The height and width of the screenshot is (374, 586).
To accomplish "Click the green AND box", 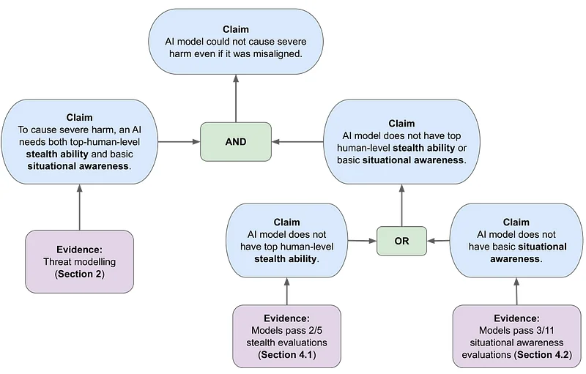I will point(235,142).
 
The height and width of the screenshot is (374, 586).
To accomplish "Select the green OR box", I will point(401,240).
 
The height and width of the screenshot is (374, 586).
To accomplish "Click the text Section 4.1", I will point(287,355).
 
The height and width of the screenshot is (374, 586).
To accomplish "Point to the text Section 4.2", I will point(546,354).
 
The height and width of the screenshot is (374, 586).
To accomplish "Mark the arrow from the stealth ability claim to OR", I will point(360,240).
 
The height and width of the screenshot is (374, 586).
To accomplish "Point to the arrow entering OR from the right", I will point(438,240).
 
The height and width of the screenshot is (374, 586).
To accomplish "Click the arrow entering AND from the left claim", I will point(181,142).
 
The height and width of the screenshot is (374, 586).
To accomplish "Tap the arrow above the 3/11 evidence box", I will point(517,292).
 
